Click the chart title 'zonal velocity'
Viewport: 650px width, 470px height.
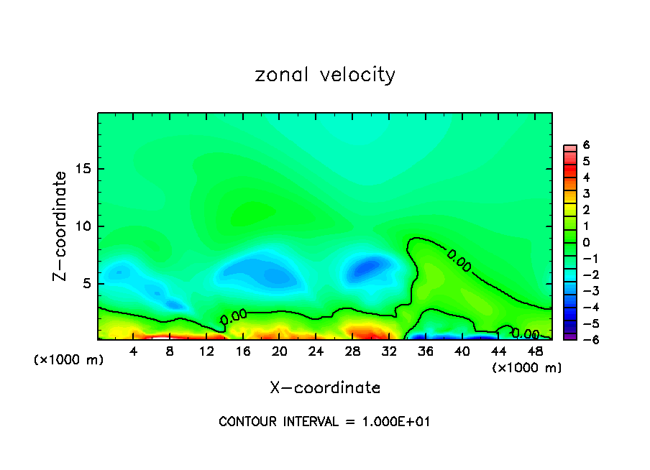coord(325,75)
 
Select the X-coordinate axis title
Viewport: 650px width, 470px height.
coord(325,388)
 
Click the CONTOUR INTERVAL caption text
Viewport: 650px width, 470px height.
coord(324,422)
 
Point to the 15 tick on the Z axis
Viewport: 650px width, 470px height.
coord(85,170)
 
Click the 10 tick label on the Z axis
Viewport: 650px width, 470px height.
coord(85,226)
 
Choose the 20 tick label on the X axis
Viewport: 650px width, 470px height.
coord(279,352)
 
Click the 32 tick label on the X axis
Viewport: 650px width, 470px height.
coord(389,352)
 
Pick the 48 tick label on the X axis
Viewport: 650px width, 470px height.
coord(535,352)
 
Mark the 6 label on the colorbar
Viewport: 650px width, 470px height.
coord(586,145)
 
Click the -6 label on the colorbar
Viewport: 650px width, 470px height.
coord(583,339)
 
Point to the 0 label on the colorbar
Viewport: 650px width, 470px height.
coord(586,242)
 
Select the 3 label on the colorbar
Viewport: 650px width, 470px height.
coord(586,194)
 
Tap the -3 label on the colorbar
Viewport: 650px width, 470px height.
coord(583,291)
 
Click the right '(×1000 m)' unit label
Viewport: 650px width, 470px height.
coord(526,368)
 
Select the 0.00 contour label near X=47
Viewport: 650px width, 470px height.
coord(526,333)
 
